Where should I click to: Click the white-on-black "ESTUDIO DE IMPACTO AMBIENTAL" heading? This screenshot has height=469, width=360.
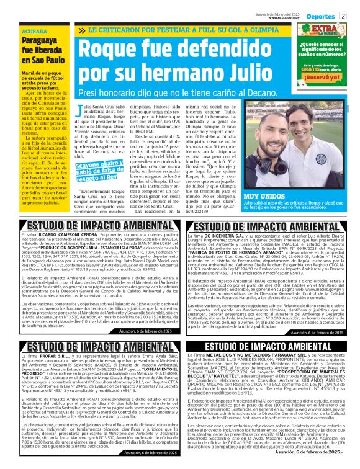tap(268, 346)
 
